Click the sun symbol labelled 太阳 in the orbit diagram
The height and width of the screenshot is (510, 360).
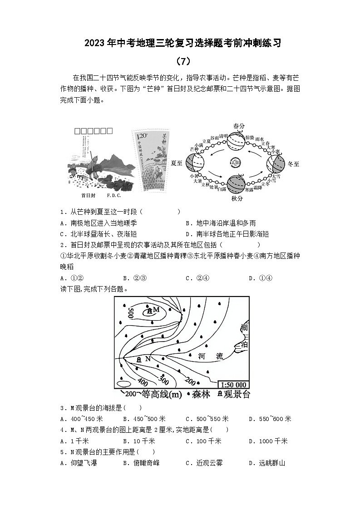[x=235, y=162]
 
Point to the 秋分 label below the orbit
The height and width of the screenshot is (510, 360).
[x=237, y=198]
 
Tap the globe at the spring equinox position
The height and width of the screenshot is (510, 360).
[x=236, y=140]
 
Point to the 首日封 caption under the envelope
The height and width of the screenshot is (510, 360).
[x=88, y=196]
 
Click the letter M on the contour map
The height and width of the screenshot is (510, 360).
[x=156, y=309]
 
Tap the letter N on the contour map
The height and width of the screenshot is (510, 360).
[x=147, y=359]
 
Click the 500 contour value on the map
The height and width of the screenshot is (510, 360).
[x=130, y=313]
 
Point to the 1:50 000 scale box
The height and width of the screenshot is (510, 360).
[x=232, y=385]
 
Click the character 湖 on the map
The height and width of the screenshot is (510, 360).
[x=244, y=328]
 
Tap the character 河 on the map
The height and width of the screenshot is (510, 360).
[x=202, y=357]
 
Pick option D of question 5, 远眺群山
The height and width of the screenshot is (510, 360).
[x=267, y=463]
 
